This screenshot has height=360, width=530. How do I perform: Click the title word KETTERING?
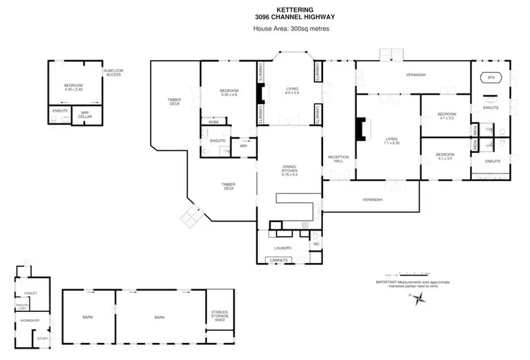(x=265, y=9)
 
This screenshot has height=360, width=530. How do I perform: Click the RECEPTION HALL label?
(x=337, y=159)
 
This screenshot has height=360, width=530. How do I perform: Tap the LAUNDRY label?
(x=283, y=248)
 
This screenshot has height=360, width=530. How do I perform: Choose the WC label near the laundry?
(x=316, y=245)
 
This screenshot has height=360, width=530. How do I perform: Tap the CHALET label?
(x=30, y=293)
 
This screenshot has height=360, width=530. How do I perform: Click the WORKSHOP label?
(x=30, y=320)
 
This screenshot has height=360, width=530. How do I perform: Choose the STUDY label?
(x=42, y=339)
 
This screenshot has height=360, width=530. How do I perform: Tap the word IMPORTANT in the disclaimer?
(x=388, y=282)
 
